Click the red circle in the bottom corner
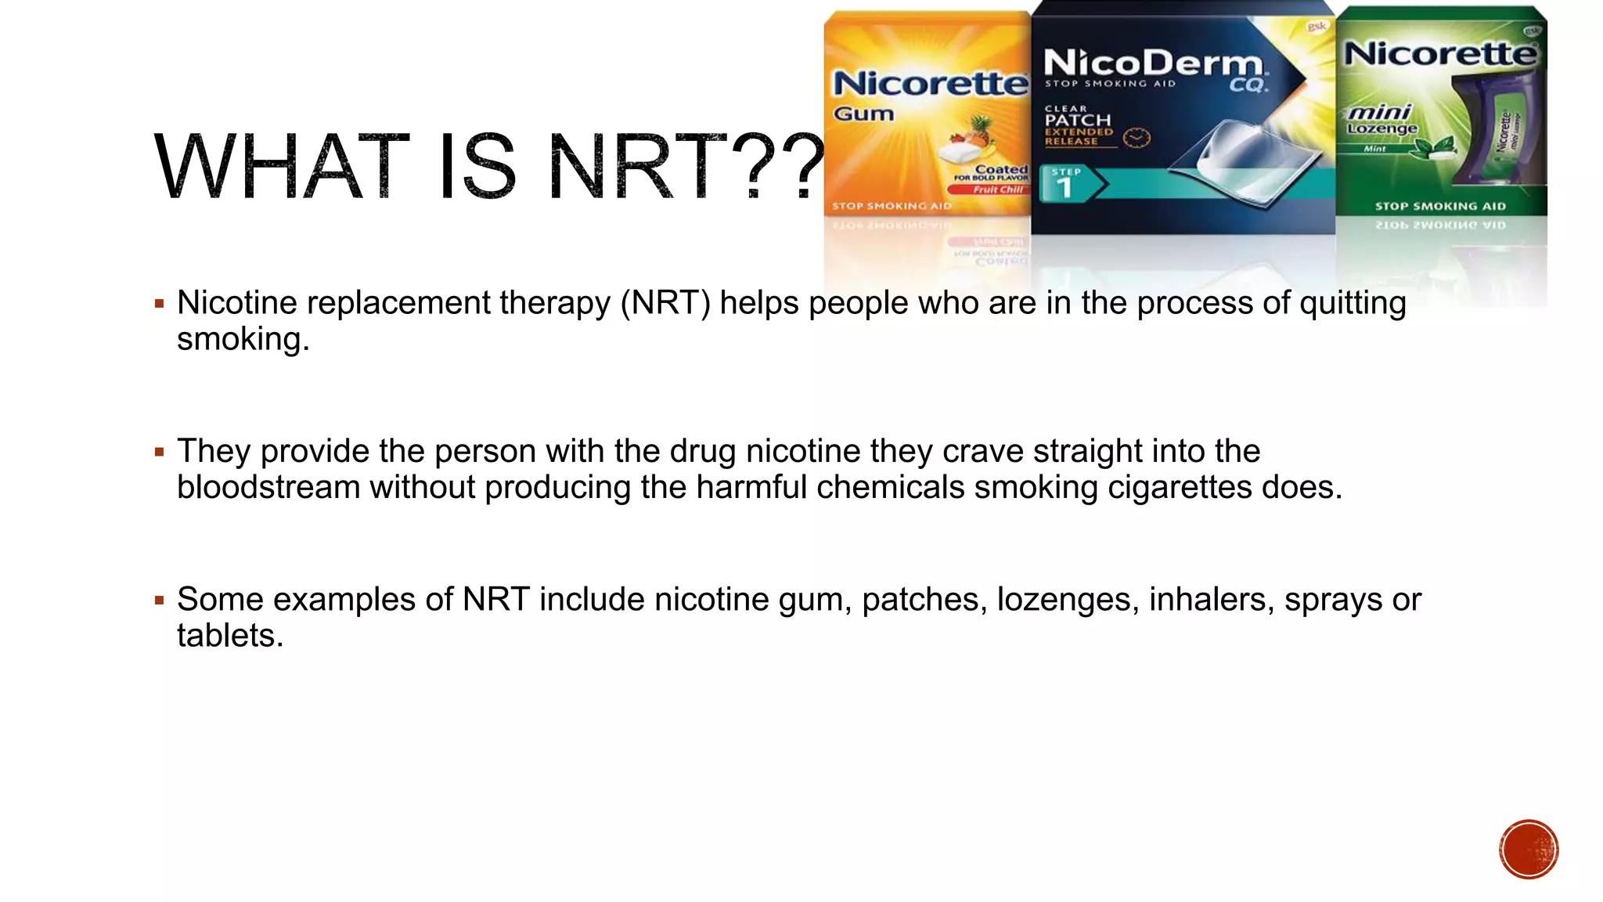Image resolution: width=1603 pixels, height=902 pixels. [1529, 850]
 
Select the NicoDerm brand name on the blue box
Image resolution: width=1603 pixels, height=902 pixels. [1153, 63]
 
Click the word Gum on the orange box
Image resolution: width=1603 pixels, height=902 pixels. [863, 114]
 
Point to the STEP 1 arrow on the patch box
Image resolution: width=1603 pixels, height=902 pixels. [1071, 183]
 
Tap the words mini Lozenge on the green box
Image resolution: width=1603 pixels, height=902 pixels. [1381, 120]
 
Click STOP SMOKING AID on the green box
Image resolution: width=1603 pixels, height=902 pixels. [1440, 207]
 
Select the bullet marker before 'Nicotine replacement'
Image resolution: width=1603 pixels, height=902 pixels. [160, 304]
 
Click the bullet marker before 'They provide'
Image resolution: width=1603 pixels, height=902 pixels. [160, 452]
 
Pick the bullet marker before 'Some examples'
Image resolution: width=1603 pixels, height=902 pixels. [160, 601]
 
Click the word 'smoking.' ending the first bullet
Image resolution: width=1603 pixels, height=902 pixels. [243, 340]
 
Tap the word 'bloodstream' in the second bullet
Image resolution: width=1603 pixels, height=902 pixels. [268, 488]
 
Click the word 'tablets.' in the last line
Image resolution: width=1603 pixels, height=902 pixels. [230, 636]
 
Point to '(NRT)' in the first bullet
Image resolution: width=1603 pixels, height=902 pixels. [665, 304]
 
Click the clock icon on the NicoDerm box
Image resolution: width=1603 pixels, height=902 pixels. [1137, 139]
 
